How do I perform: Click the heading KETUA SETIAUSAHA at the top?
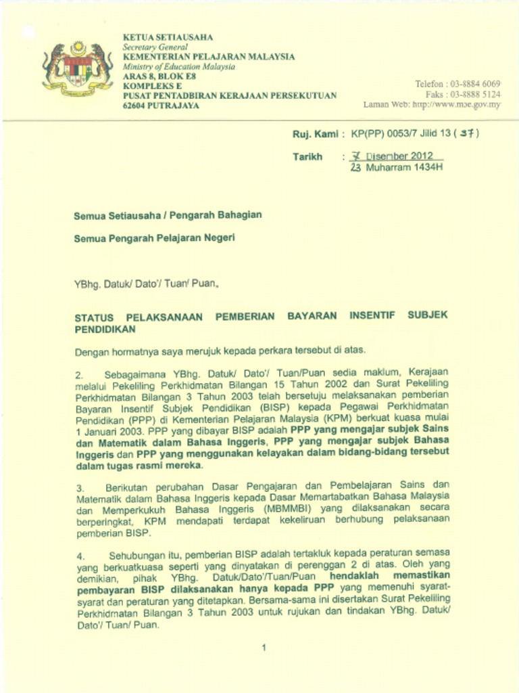pos(168,37)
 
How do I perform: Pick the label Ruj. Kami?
pos(315,134)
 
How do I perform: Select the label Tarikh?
pos(307,156)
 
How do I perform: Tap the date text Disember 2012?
pos(399,156)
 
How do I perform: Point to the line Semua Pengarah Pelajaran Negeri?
pos(155,238)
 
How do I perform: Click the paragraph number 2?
pos(78,374)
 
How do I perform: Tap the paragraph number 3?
pos(78,487)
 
